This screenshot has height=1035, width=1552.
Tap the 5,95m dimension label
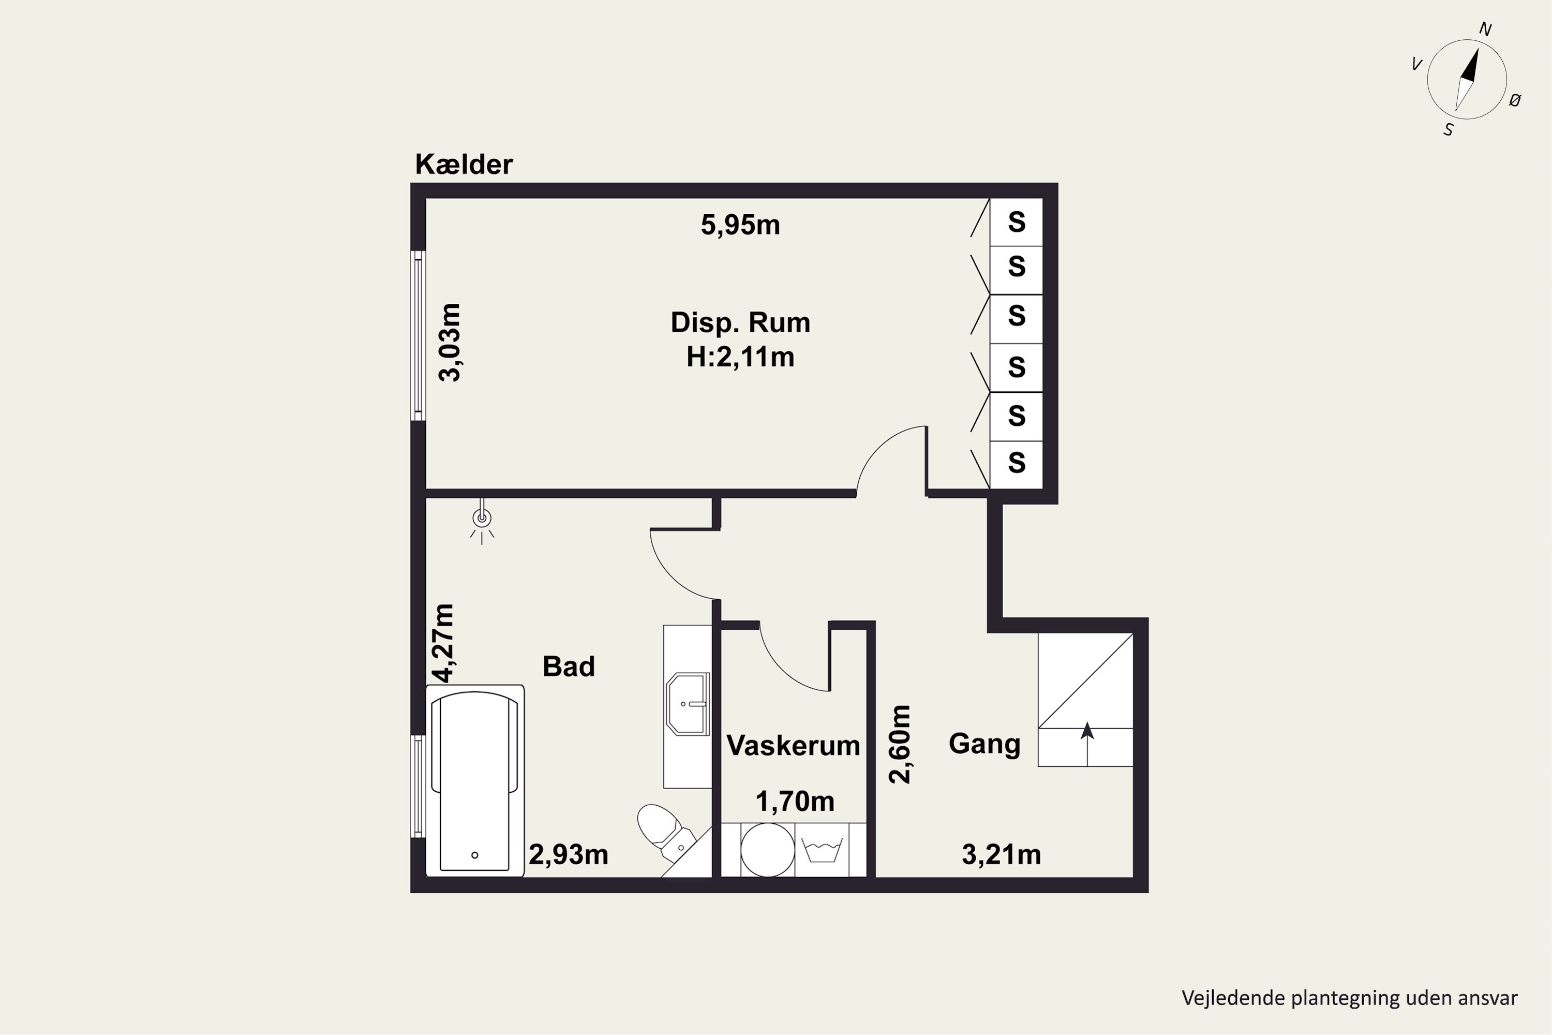[x=740, y=225]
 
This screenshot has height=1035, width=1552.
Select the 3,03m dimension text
[x=450, y=342]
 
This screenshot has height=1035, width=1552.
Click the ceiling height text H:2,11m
[x=740, y=357]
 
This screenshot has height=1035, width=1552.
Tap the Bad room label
[x=568, y=666]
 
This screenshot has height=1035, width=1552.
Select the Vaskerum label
[x=793, y=745]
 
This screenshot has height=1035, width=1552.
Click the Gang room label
[x=984, y=744]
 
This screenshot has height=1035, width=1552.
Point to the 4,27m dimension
[x=443, y=642]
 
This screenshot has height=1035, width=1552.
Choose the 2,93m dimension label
[x=568, y=855]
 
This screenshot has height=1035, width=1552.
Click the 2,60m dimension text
[x=900, y=744]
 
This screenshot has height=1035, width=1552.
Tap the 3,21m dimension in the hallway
[x=1001, y=855]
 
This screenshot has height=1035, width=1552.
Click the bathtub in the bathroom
[x=474, y=780]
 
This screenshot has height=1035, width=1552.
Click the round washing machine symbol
[x=767, y=850]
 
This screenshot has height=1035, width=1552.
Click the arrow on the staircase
[x=1087, y=744]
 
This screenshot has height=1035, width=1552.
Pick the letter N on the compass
[x=1485, y=29]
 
